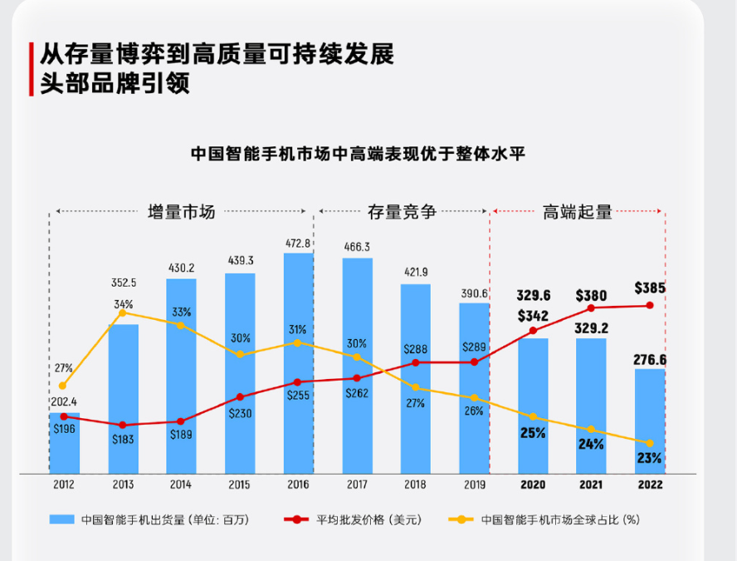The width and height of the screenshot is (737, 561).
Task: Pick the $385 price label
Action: (x=649, y=288)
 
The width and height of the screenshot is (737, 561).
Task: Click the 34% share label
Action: (x=123, y=303)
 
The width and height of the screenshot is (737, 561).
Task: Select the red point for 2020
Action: (x=533, y=330)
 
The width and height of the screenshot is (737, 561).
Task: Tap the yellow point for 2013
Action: (x=123, y=313)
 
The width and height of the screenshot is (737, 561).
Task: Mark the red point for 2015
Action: (x=240, y=397)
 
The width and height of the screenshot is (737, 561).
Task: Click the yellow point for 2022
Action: (x=650, y=443)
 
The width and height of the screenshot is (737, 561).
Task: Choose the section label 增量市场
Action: (x=181, y=212)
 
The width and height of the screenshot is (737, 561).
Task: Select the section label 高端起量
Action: (x=578, y=212)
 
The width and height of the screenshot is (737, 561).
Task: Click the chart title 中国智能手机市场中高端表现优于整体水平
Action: (x=358, y=154)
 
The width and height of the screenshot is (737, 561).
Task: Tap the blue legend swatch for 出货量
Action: (x=62, y=520)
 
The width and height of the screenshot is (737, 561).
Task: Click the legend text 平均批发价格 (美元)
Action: (x=368, y=520)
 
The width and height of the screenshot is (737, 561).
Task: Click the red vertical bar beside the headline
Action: (x=32, y=69)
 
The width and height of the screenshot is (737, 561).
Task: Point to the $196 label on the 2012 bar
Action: (x=64, y=429)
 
